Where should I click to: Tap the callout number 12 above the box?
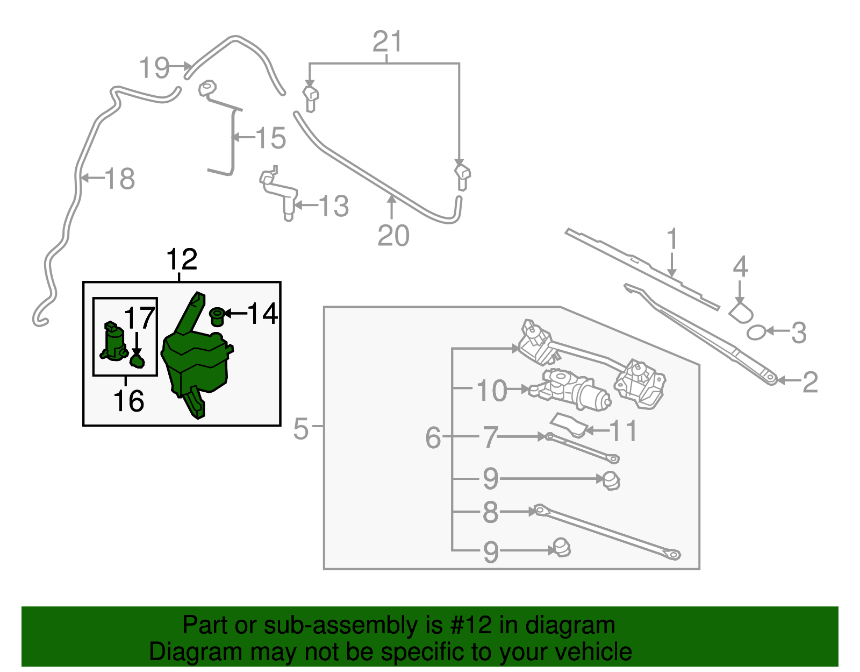point(182,260)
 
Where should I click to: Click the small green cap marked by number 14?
point(217,316)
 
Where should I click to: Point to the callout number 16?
point(128,401)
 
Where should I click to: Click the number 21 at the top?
point(388,42)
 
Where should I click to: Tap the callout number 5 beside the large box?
point(301,429)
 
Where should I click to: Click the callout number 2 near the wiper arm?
point(809,383)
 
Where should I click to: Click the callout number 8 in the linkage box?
point(490,513)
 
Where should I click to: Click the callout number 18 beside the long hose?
point(119,179)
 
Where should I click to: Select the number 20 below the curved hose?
point(393,236)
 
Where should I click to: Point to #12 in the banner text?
point(471,626)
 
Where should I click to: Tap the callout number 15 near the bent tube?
point(270,139)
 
